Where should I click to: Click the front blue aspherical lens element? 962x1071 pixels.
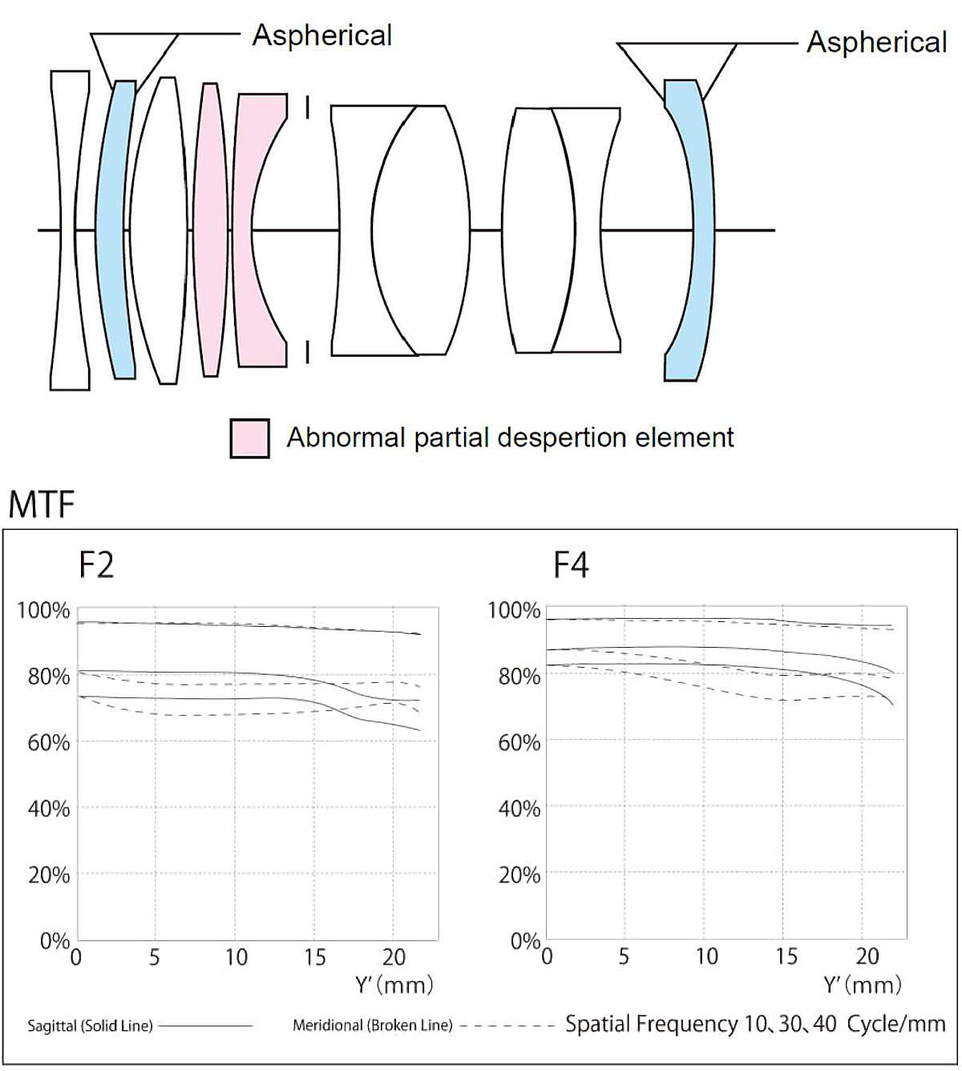113,229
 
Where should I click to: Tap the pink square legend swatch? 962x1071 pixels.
249,438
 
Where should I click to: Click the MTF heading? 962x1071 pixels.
42,505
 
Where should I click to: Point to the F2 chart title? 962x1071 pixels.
96,565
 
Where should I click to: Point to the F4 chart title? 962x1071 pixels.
571,565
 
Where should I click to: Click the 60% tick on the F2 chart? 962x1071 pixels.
49,742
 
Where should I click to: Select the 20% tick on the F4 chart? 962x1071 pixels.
519,875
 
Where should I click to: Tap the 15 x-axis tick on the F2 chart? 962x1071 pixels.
314,957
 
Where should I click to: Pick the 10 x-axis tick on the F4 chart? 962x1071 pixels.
706,956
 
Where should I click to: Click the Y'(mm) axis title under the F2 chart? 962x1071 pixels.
394,984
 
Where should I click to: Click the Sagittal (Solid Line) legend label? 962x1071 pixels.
90,1026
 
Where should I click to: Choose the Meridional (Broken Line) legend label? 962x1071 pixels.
373,1025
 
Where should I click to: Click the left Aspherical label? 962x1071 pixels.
322,35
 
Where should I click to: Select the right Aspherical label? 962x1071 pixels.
877,42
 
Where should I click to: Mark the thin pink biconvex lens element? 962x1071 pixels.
211,229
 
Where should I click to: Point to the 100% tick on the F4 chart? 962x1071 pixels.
514,611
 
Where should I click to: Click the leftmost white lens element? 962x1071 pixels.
71,229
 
